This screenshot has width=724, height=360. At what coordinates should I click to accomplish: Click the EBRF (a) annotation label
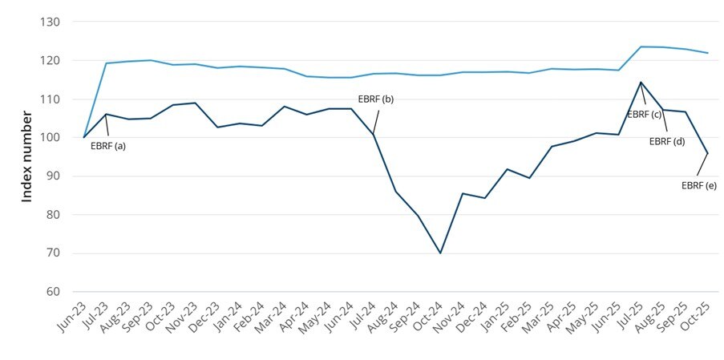pyautogui.click(x=108, y=146)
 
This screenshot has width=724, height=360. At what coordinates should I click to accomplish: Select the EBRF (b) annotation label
pyautogui.click(x=375, y=99)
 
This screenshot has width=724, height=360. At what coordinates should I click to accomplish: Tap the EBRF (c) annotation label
pyautogui.click(x=644, y=115)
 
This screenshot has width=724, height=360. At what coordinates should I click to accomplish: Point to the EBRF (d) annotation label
pyautogui.click(x=666, y=142)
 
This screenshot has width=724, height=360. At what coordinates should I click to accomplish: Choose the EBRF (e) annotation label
pyautogui.click(x=698, y=185)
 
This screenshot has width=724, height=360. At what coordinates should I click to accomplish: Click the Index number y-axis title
pyautogui.click(x=26, y=157)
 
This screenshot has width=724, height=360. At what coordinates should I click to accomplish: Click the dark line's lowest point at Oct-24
pyautogui.click(x=440, y=253)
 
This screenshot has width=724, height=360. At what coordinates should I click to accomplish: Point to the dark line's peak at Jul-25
pyautogui.click(x=641, y=82)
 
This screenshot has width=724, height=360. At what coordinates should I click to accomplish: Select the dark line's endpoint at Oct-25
pyautogui.click(x=707, y=153)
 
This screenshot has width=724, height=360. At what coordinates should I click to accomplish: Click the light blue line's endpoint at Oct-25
pyautogui.click(x=707, y=53)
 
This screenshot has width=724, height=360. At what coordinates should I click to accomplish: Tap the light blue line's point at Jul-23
pyautogui.click(x=107, y=63)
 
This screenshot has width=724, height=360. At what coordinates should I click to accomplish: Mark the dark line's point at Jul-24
pyautogui.click(x=374, y=134)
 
